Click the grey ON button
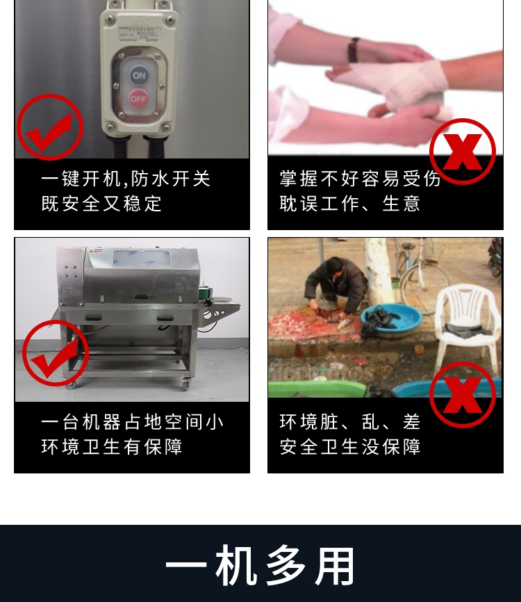138,75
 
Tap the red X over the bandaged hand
462,151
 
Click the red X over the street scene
462,394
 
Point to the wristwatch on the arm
354,50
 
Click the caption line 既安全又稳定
101,204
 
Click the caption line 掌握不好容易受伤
360,179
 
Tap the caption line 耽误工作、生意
350,204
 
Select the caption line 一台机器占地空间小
132,422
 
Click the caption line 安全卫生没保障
350,446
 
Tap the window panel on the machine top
143,258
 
